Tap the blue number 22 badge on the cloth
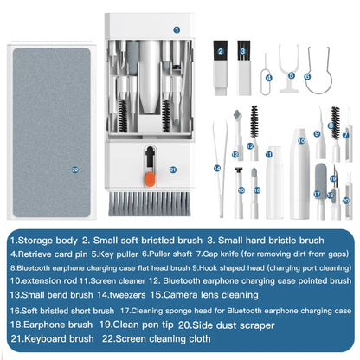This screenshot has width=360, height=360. [x=51, y=169]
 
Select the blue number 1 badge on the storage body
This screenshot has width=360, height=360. [x=177, y=29]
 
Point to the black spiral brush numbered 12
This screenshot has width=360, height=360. [x=254, y=125]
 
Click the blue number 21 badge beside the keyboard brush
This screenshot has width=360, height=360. [x=173, y=170]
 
